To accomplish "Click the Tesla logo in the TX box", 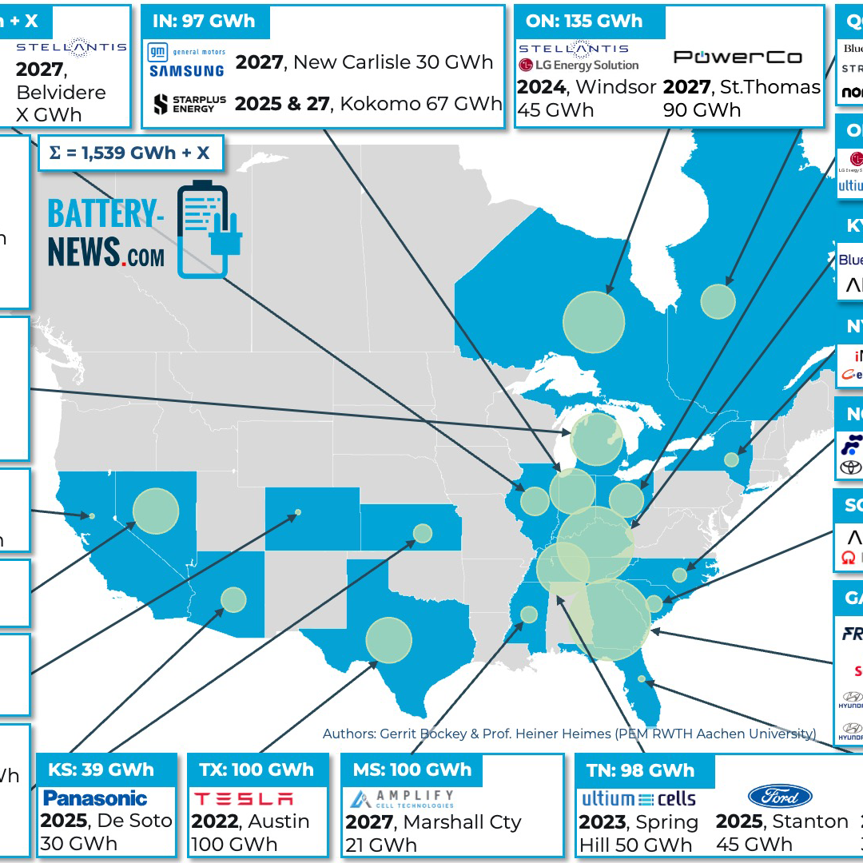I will point(245,798).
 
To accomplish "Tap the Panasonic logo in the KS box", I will point(95,798).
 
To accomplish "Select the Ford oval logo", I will point(780,796).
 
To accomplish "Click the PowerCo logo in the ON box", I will point(737,57).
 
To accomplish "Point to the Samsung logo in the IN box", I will point(187,71).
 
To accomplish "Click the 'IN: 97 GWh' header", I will point(204,22).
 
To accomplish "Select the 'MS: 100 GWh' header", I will point(412,770).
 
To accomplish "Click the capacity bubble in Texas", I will point(389,640).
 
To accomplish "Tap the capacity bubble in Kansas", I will point(423,533).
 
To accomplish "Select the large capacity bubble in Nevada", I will point(156,511).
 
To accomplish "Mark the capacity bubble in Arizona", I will point(233,599).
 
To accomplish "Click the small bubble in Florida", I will point(642,679).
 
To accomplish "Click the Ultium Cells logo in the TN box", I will point(638,798).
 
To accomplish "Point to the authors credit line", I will point(569,734).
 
